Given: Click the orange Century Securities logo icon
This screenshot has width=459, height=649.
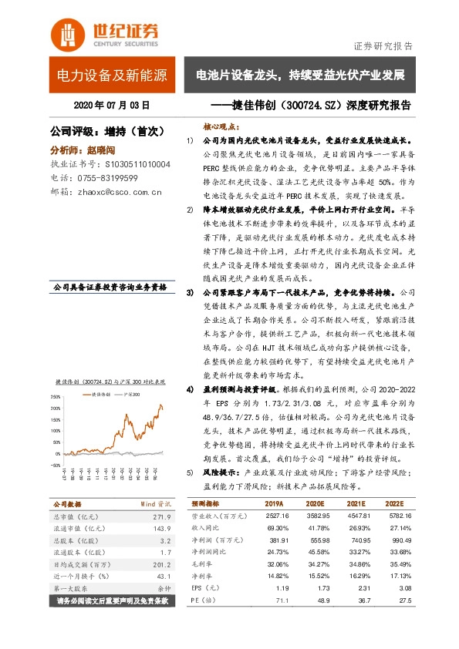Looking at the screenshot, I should pos(67,32).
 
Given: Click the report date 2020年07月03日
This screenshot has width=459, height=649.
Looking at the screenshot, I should pos(112,104).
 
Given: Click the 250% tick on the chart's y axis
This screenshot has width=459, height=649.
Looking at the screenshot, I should pos(56,398).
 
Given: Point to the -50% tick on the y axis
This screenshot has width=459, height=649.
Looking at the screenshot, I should pos(56,453).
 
